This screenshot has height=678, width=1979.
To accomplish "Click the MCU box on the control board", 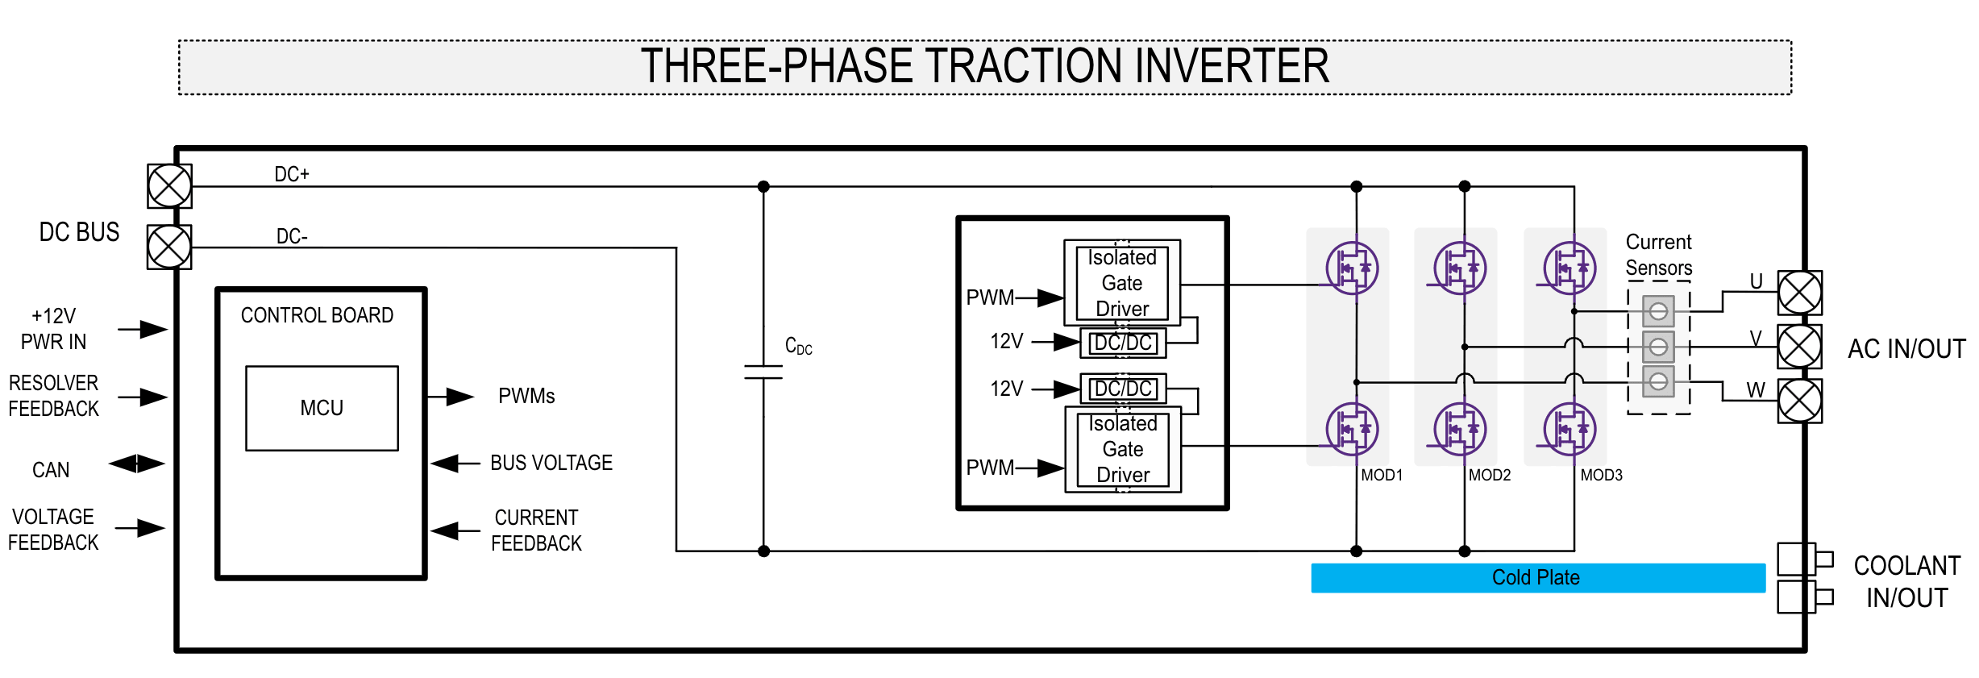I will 322,408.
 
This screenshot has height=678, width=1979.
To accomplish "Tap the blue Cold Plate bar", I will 1537,578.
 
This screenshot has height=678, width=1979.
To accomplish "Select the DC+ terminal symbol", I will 169,186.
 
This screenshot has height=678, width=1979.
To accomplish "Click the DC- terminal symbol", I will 169,247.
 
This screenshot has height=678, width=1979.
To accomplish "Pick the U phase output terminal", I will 1799,293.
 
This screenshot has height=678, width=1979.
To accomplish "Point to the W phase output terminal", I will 1799,401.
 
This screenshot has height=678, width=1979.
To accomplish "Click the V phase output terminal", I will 1799,347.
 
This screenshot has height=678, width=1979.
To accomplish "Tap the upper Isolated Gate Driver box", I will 1122,283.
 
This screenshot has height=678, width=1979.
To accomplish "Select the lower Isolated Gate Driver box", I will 1123,449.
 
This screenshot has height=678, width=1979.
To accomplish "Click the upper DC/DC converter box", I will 1123,343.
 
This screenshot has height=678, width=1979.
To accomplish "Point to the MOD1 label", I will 1382,476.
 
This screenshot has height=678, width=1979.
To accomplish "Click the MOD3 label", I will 1601,476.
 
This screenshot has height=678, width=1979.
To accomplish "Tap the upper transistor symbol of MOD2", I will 1460,268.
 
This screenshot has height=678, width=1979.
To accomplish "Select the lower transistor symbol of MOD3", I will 1569,429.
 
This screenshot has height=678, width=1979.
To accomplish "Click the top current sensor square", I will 1658,311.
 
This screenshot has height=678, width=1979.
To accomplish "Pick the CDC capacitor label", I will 798,347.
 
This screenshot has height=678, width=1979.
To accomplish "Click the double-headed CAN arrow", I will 137,464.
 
